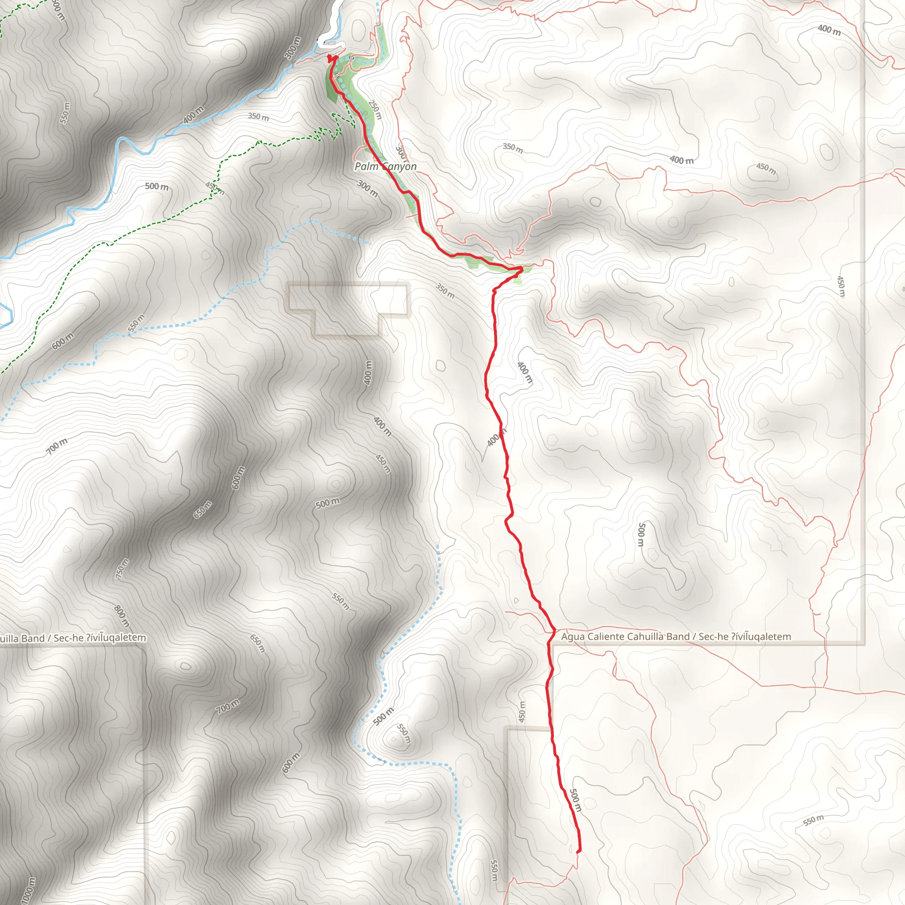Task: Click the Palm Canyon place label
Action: [x=385, y=167]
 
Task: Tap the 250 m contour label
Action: [x=375, y=110]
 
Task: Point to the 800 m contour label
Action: [x=122, y=616]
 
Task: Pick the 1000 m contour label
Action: [x=28, y=890]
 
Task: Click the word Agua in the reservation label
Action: [x=573, y=637]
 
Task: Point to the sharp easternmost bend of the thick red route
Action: [x=521, y=270]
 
